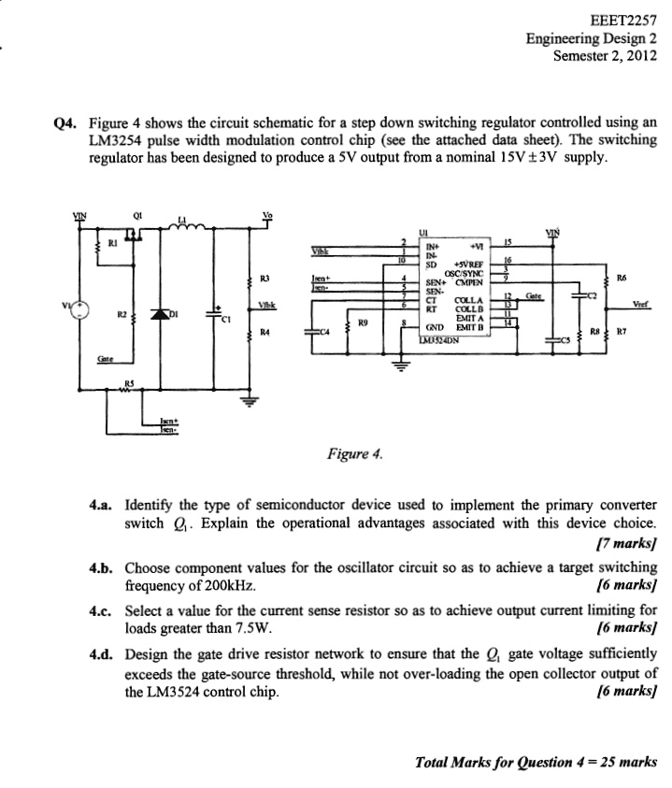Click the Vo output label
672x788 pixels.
(x=268, y=213)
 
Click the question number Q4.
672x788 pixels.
(x=66, y=122)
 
